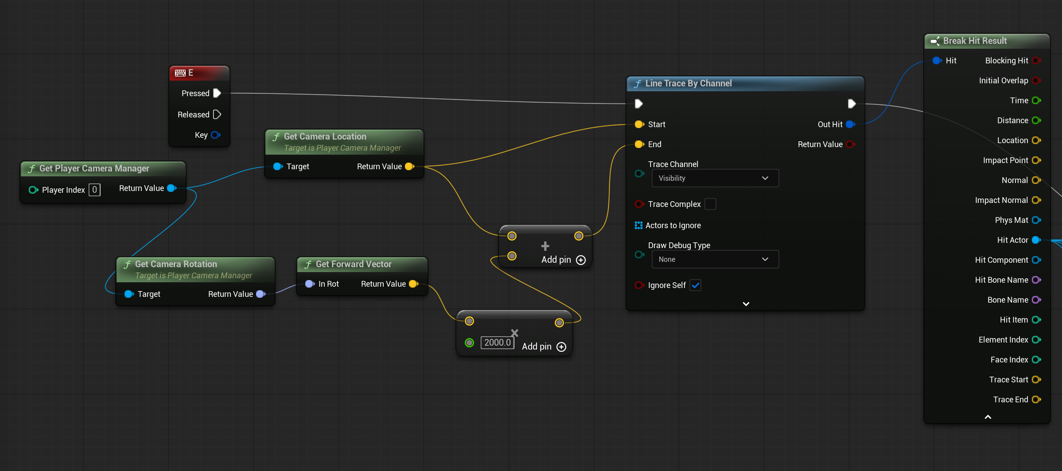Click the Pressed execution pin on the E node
coord(217,93)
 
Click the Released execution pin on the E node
coord(217,114)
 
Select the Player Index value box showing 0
coord(94,190)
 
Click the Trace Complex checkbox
coord(710,204)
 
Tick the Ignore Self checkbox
coord(696,285)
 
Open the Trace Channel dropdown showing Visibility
coord(715,178)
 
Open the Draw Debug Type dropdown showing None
coord(715,259)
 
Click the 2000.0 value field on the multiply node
coord(497,343)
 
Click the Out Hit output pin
coord(850,125)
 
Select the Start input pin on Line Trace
coord(639,125)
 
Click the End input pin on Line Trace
coord(639,144)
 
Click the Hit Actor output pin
coord(1036,240)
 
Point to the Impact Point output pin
coord(1036,160)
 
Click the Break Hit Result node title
coord(975,41)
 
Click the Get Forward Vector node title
coord(354,264)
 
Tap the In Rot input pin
coord(310,284)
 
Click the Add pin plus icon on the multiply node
coord(561,347)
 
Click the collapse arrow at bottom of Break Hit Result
coord(988,417)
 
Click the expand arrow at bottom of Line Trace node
coord(746,304)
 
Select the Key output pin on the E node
coord(216,135)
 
